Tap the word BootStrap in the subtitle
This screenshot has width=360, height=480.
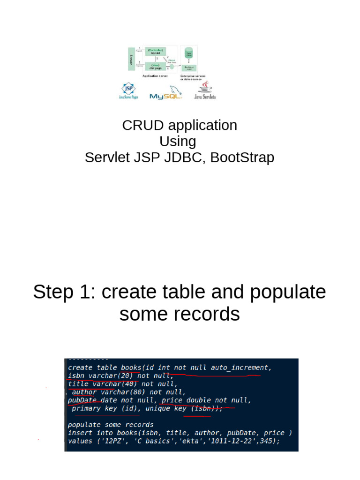point(242,157)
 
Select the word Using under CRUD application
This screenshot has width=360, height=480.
point(178,141)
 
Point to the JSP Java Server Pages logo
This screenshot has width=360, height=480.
point(128,91)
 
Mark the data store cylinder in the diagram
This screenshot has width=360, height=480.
point(189,52)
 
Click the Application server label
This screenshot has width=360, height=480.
point(155,75)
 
